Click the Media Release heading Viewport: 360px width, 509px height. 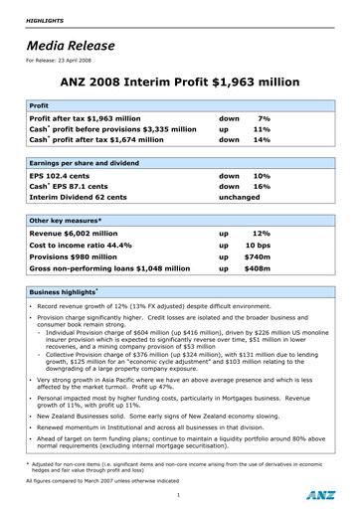coord(68,44)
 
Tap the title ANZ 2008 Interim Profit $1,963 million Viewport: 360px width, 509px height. coord(180,84)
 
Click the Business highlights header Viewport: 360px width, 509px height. coord(64,293)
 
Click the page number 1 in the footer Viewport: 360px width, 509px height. coord(177,494)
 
